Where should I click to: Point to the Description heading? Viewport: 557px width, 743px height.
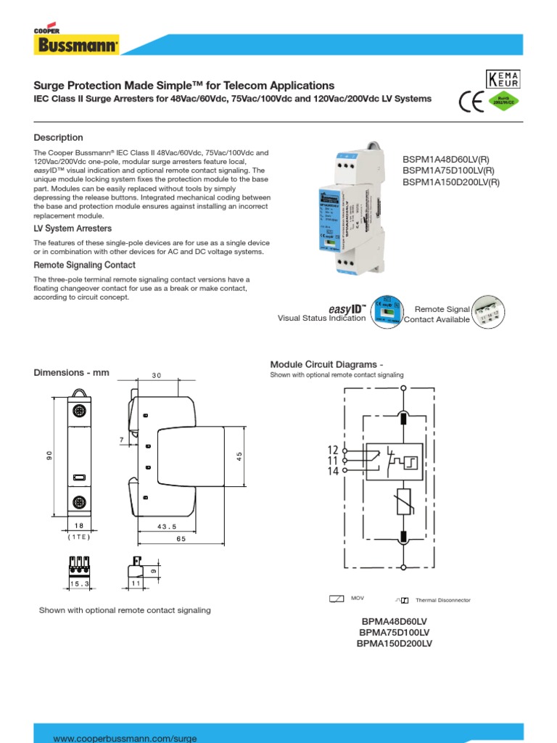[59, 138]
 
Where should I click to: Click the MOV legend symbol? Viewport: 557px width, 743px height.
[336, 599]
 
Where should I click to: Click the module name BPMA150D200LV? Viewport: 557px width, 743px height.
[395, 644]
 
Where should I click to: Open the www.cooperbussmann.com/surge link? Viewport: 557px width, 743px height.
[125, 738]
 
